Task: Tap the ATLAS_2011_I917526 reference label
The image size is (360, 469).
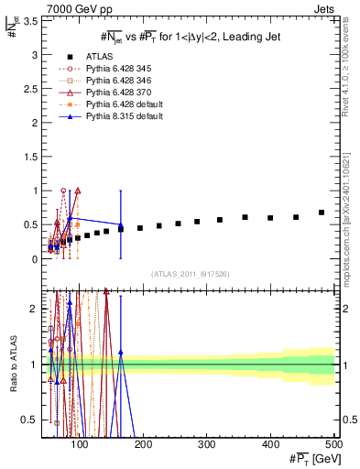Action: (x=190, y=273)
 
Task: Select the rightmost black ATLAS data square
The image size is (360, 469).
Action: (x=322, y=213)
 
